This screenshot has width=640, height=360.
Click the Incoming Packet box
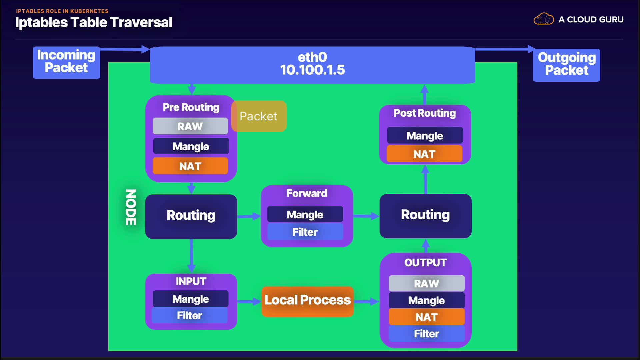[66, 62]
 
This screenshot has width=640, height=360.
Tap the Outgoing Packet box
[566, 65]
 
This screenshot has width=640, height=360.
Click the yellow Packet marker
[259, 116]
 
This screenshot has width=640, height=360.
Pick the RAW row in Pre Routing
[190, 126]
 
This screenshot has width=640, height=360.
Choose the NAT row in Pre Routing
[190, 166]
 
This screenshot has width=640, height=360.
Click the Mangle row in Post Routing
[425, 136]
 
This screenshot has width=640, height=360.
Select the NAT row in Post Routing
[425, 154]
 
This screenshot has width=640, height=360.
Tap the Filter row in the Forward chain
[305, 232]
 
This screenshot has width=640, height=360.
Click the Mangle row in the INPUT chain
[190, 299]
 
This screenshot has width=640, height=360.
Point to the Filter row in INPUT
[190, 315]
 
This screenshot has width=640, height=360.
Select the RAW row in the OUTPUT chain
[426, 283]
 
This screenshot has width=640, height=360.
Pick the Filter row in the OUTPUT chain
[426, 333]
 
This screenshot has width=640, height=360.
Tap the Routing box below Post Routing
[425, 215]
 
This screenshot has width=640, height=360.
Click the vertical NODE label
[131, 207]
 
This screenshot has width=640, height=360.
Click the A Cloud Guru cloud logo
[543, 19]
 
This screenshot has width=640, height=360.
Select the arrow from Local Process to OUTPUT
[366, 302]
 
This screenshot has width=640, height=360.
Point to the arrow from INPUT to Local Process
[249, 302]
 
